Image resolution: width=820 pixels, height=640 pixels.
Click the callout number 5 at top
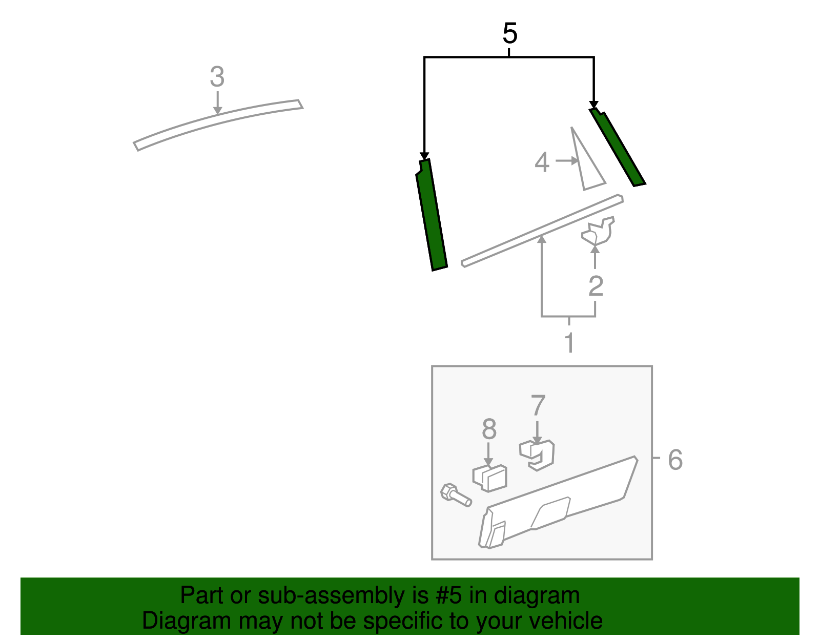(509, 34)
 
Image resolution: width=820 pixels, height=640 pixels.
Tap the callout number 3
(217, 77)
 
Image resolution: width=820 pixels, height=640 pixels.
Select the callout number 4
(542, 162)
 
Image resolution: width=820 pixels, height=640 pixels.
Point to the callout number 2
(595, 286)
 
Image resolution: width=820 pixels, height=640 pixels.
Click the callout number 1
(569, 342)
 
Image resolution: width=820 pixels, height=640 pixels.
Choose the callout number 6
(675, 460)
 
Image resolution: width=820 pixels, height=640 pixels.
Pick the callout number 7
(538, 406)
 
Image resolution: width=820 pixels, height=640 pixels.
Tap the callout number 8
(489, 429)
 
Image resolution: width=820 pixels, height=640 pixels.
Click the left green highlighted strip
(431, 215)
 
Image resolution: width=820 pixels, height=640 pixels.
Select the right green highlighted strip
(618, 148)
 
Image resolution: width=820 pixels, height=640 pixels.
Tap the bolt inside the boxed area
(455, 495)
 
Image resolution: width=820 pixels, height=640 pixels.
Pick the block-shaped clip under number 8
(490, 478)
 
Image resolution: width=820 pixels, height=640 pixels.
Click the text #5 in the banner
(449, 596)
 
